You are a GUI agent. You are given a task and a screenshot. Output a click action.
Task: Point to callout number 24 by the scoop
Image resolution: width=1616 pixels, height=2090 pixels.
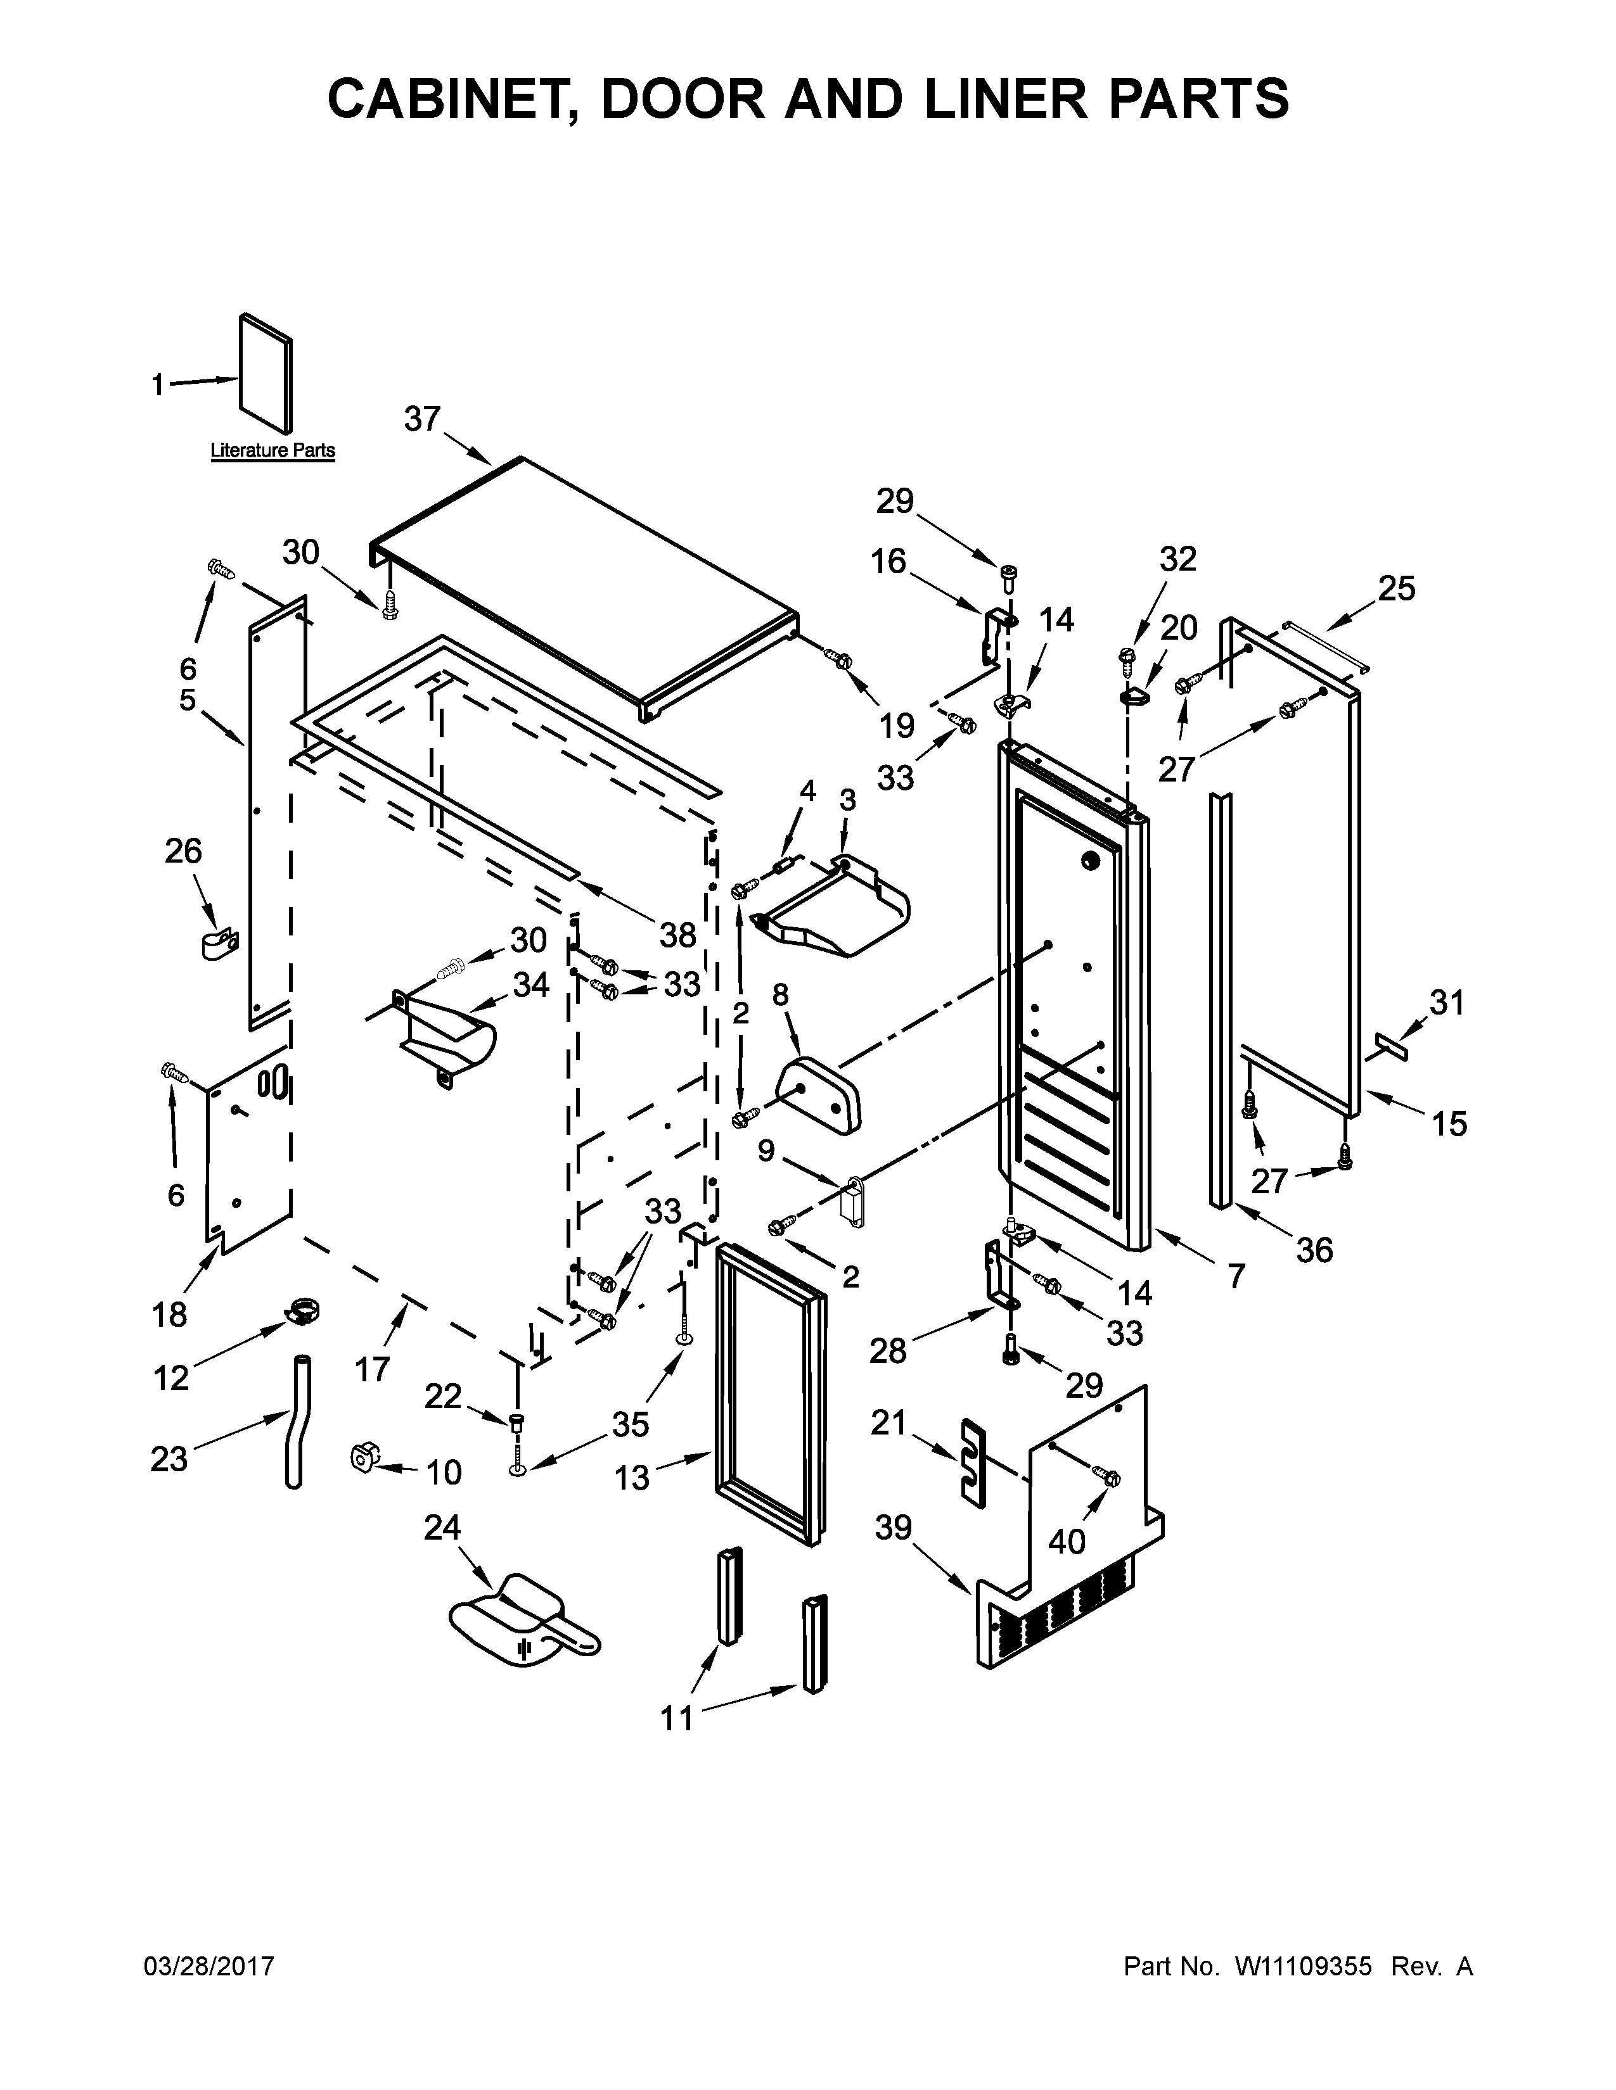(x=442, y=1528)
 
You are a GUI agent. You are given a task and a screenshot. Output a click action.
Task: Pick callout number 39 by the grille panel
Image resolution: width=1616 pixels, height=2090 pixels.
(x=893, y=1528)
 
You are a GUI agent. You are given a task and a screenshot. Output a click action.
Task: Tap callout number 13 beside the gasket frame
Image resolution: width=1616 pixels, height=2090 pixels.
(x=632, y=1478)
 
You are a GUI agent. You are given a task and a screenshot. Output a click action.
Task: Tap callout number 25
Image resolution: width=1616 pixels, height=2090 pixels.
(x=1397, y=588)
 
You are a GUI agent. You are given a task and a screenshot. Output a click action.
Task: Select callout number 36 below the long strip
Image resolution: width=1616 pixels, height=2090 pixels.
(x=1314, y=1249)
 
